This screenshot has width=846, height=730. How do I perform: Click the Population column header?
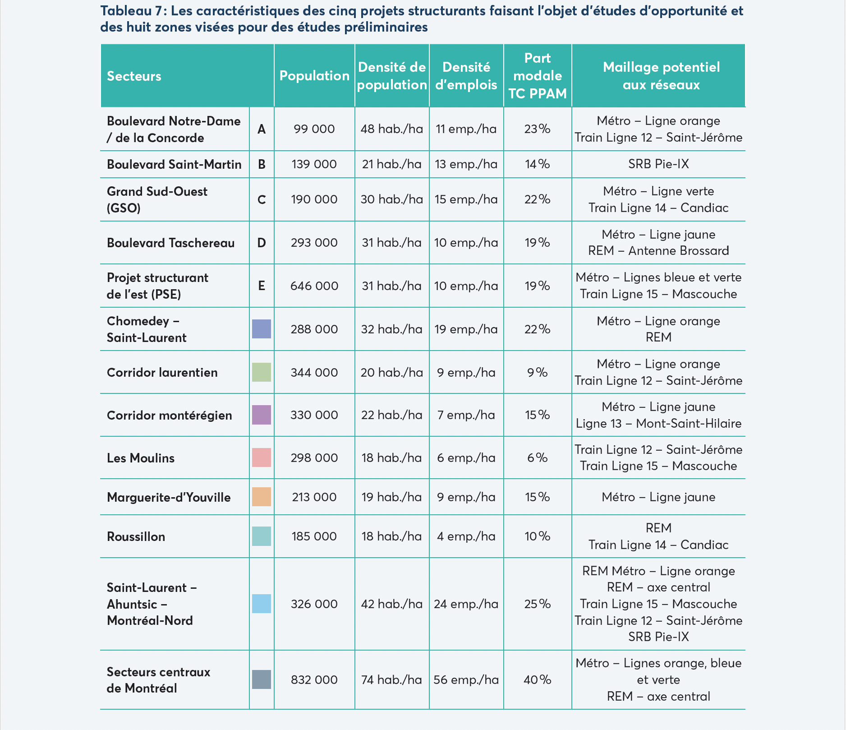click(314, 76)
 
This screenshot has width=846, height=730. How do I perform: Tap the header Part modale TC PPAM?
click(538, 76)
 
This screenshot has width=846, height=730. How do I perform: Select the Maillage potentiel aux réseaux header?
click(661, 76)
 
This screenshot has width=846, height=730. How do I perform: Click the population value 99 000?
click(314, 129)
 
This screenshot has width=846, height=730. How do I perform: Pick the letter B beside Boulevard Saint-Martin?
click(262, 164)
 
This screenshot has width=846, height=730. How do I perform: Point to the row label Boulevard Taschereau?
click(171, 243)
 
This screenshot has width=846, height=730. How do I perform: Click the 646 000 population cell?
click(314, 286)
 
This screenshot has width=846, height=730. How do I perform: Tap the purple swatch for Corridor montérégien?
click(262, 415)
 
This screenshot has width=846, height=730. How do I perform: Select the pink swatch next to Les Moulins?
click(262, 457)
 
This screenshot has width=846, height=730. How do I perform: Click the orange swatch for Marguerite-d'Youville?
click(262, 497)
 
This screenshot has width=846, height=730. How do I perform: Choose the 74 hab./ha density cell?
click(392, 680)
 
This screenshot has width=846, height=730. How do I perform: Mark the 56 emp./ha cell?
click(466, 680)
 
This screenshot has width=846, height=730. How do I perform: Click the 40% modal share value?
click(538, 680)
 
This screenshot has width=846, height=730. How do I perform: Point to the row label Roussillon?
click(136, 536)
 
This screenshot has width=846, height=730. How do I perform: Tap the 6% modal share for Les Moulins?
click(538, 458)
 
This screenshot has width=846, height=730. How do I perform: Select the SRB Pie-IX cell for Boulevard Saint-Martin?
click(659, 164)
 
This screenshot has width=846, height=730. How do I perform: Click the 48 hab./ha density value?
click(392, 129)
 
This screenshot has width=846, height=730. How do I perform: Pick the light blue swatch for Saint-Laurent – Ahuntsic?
click(262, 604)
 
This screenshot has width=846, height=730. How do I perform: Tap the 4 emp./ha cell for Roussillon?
click(466, 536)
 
